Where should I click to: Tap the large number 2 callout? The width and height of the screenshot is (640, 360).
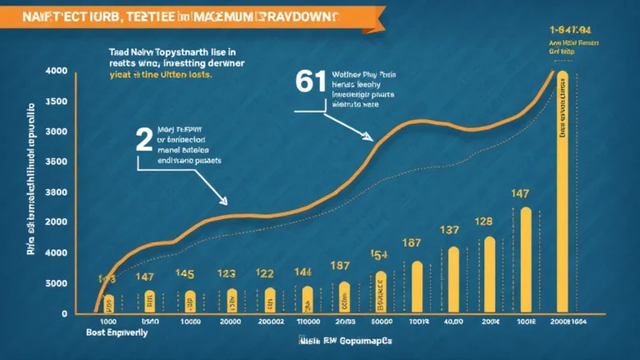[144, 140]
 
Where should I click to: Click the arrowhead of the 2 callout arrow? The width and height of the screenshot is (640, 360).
[224, 202]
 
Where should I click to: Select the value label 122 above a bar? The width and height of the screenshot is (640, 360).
[266, 273]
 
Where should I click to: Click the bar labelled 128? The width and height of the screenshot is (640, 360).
[490, 275]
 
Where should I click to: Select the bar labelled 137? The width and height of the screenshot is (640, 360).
[453, 279]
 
